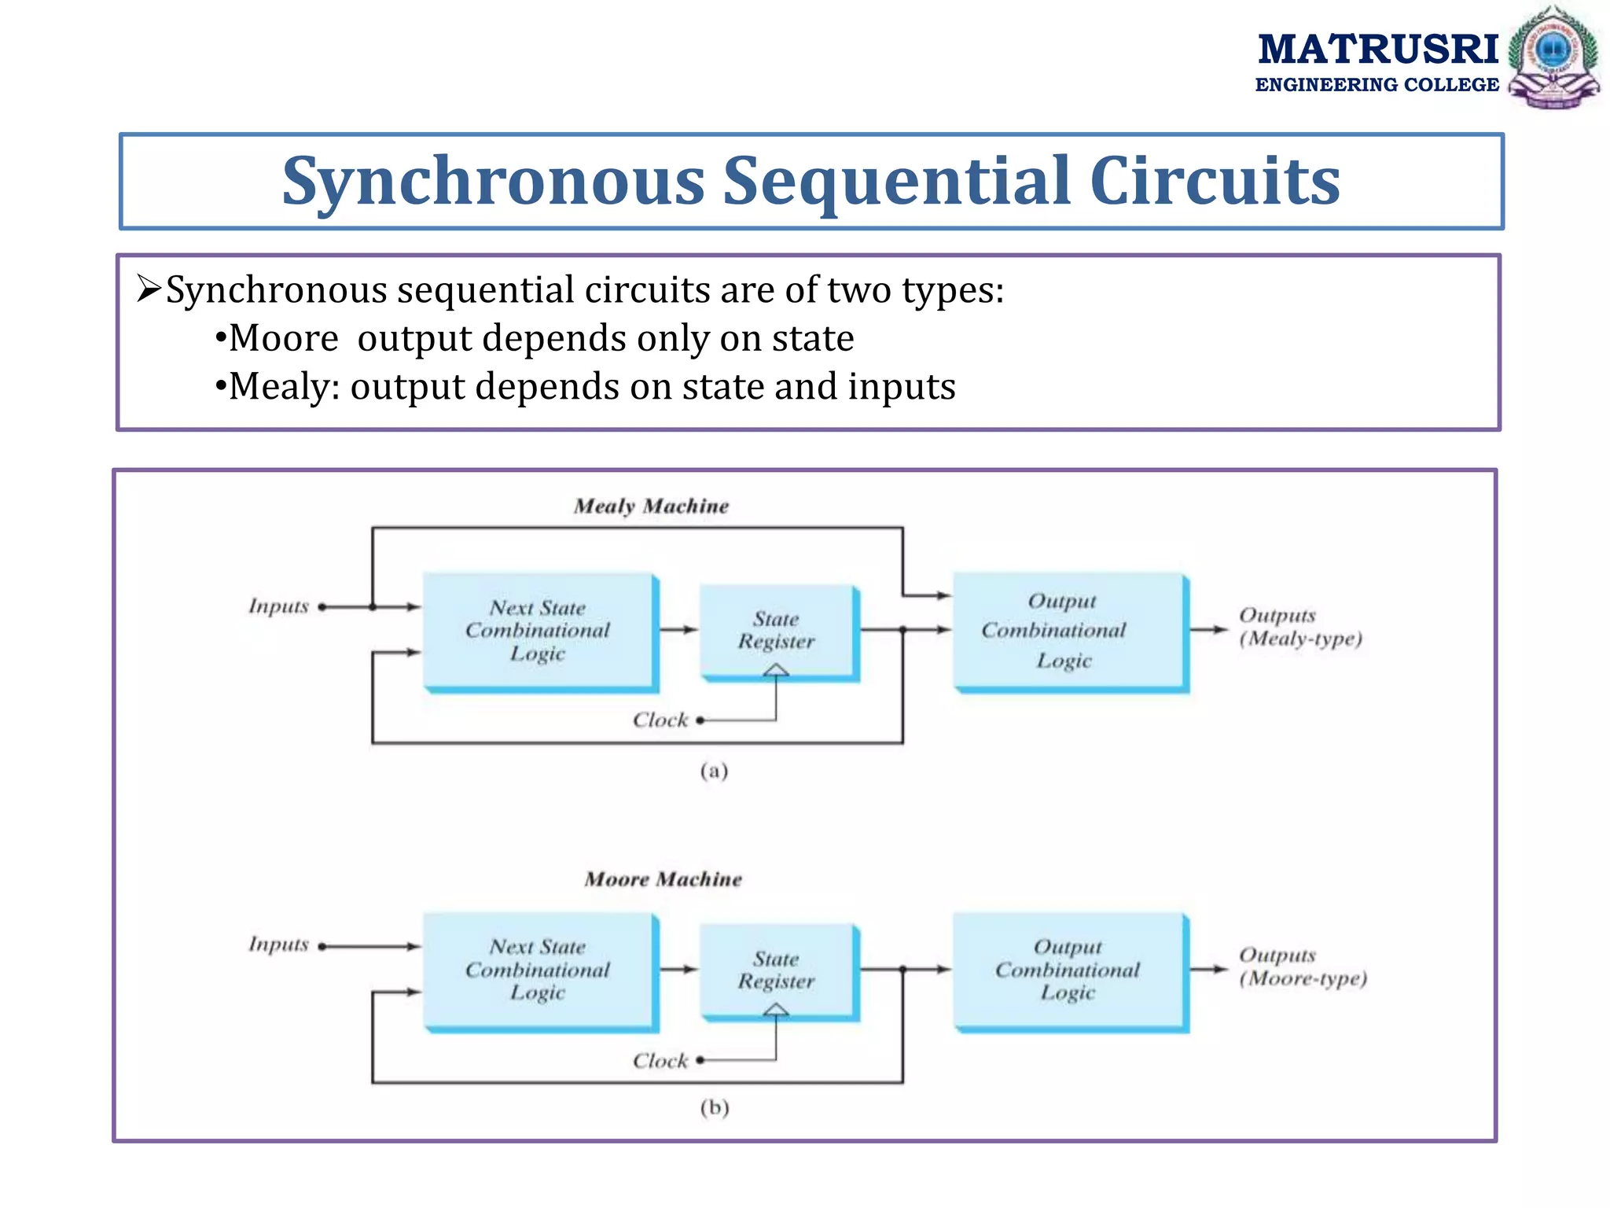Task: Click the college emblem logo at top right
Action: (x=1553, y=57)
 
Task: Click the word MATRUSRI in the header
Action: (x=1377, y=50)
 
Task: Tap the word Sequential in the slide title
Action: (x=897, y=182)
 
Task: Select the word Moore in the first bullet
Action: (x=283, y=339)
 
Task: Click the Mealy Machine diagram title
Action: (x=651, y=506)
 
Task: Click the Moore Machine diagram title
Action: (x=663, y=878)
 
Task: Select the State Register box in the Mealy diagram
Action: (x=777, y=630)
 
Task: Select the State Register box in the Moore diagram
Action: (x=777, y=970)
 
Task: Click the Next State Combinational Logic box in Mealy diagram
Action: (x=539, y=630)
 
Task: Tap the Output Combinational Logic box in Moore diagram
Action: (x=1068, y=970)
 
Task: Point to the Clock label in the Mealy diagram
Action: (x=660, y=720)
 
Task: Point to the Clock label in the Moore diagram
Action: (x=660, y=1060)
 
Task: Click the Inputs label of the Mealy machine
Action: (x=278, y=606)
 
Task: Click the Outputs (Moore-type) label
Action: (x=1303, y=967)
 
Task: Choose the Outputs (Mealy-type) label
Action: (x=1299, y=627)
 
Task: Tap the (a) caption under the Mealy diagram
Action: (x=714, y=771)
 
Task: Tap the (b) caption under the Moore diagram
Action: (x=714, y=1107)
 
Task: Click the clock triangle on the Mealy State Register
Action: (x=776, y=670)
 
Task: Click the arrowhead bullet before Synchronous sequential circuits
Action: (x=149, y=289)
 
